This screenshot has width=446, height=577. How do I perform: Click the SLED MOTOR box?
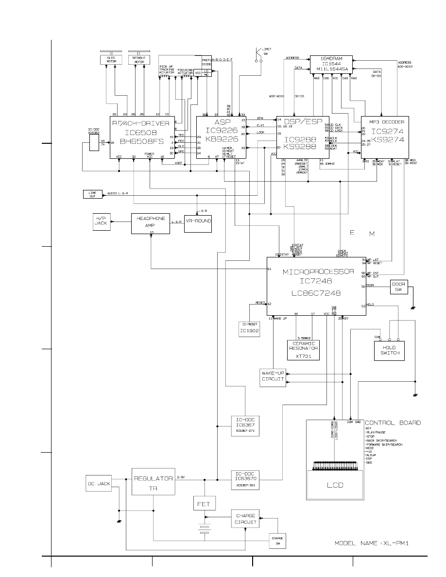[111, 60]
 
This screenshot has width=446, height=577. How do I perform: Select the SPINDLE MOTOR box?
[139, 60]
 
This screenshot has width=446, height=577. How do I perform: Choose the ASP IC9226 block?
[221, 137]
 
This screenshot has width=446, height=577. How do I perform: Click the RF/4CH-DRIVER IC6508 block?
[142, 137]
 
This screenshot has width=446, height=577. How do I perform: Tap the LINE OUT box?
[92, 194]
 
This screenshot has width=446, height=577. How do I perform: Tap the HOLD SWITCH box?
[390, 350]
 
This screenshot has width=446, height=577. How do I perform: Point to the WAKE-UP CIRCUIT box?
[273, 378]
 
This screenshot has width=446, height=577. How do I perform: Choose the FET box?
[203, 504]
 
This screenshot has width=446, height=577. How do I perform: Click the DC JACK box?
[99, 484]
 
